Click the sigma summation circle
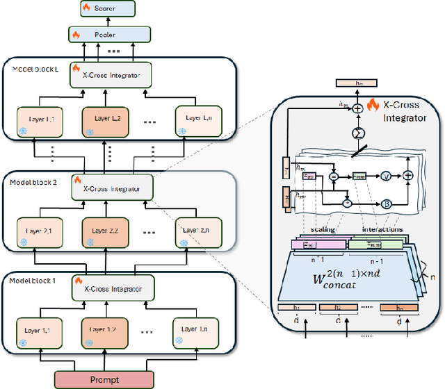(357, 132)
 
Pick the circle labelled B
(382, 204)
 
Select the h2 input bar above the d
(337, 308)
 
